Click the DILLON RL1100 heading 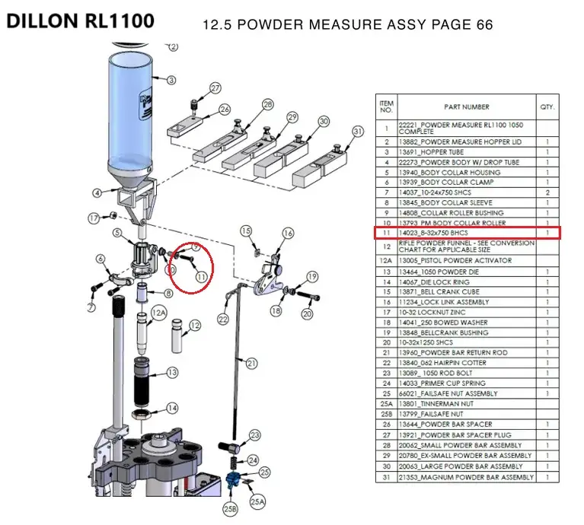coord(80,21)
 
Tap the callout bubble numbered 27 coord(215,88)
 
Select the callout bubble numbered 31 coord(359,132)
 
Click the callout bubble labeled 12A coord(158,312)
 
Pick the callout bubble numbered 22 coord(224,319)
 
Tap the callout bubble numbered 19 coord(312,276)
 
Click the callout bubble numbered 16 coord(288,233)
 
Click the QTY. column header coord(547,107)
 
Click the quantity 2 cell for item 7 coord(547,192)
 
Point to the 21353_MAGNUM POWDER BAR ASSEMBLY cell coord(467,477)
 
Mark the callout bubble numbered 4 coord(97,192)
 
